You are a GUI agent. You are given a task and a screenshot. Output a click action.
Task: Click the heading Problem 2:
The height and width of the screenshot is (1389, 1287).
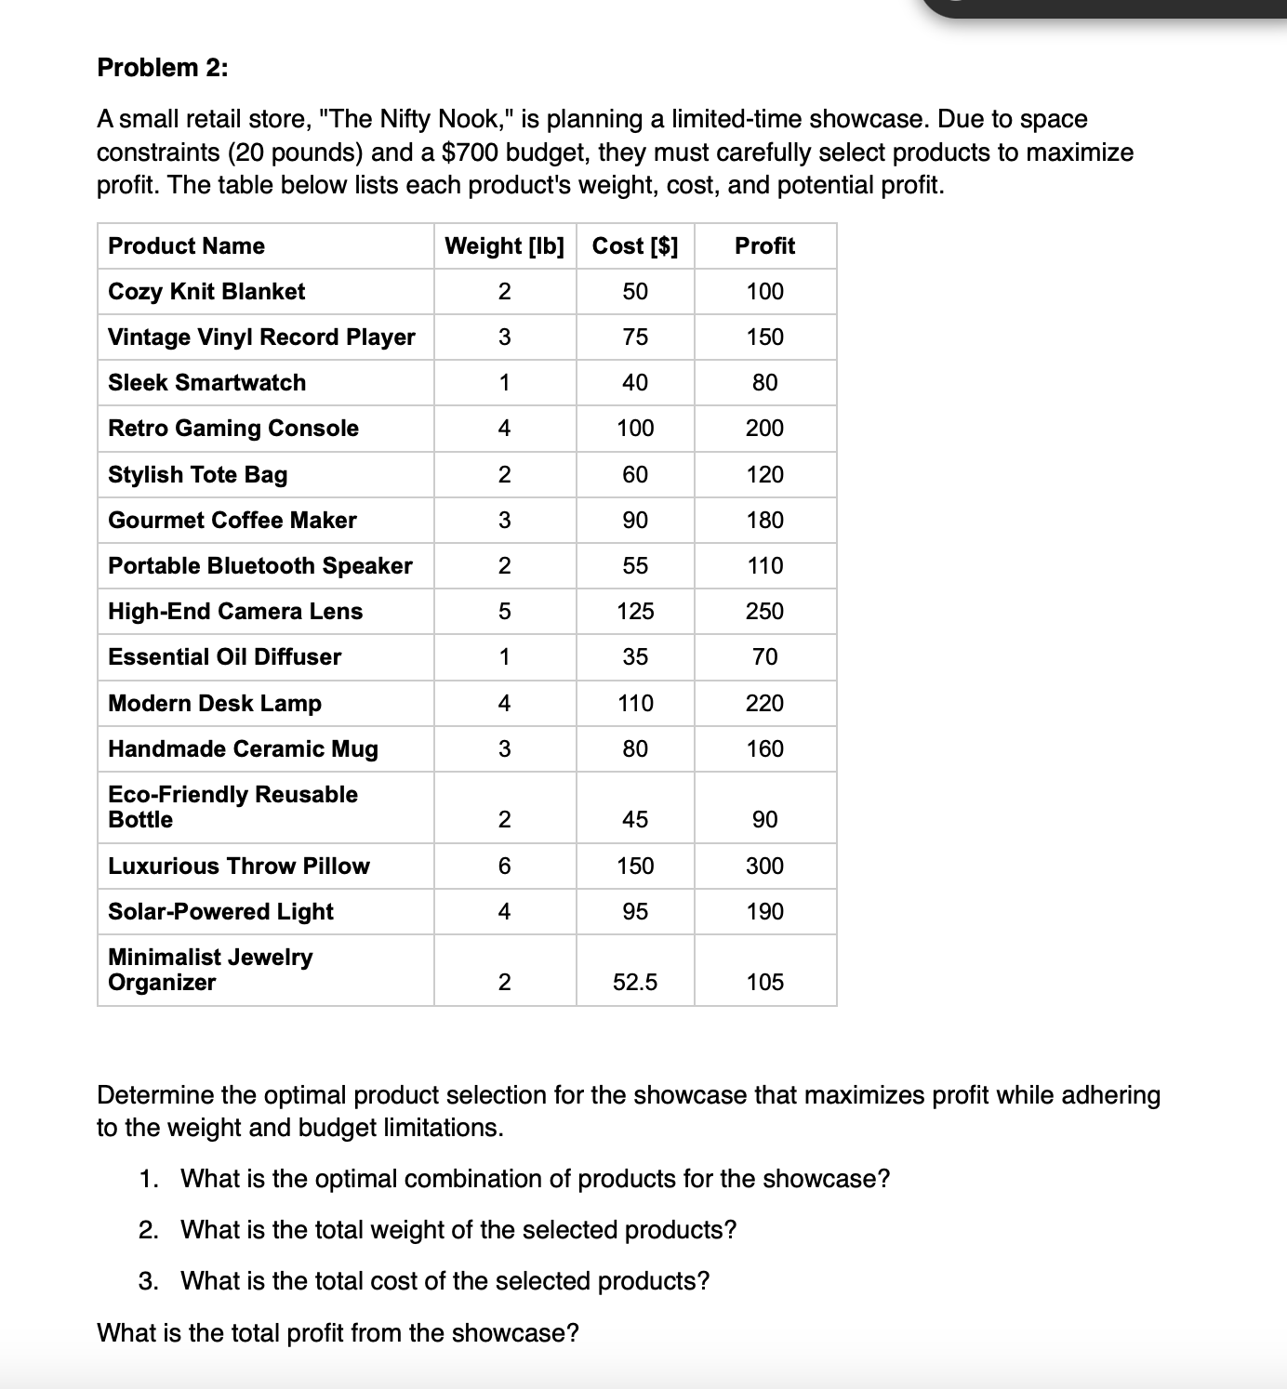click(163, 68)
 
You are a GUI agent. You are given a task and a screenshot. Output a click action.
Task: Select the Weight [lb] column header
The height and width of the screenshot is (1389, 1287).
click(504, 246)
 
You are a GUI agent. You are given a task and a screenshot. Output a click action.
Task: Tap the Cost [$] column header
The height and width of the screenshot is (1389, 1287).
click(635, 246)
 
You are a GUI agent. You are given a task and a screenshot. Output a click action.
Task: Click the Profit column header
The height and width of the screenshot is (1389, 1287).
click(764, 246)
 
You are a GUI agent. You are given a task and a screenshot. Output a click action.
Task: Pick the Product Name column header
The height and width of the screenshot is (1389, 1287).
click(186, 246)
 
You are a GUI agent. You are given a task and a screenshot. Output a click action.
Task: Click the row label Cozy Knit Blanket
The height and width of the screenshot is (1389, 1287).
click(206, 292)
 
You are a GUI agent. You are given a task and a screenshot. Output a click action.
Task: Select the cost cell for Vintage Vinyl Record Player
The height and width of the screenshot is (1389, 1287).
click(635, 337)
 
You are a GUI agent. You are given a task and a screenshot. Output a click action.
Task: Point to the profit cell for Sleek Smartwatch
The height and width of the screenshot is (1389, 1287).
click(764, 383)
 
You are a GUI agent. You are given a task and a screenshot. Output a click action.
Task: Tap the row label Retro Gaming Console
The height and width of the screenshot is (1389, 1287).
click(233, 429)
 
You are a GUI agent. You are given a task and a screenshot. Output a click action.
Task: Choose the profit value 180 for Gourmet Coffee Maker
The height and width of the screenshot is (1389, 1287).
click(764, 521)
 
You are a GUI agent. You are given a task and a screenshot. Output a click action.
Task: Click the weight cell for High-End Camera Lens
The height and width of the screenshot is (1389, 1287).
click(504, 612)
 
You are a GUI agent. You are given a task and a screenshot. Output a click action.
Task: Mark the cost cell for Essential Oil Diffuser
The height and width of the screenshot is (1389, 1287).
click(635, 657)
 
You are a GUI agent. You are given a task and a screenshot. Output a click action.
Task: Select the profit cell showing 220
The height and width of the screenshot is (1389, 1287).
click(764, 704)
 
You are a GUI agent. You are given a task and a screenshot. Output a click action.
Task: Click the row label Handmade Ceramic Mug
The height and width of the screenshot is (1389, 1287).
click(243, 749)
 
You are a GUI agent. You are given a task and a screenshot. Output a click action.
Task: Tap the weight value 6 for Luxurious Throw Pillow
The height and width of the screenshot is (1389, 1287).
click(504, 866)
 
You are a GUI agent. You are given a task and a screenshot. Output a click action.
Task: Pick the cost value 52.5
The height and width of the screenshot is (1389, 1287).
click(635, 983)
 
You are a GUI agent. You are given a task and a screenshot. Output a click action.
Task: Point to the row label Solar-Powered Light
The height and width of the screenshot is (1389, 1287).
click(220, 912)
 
